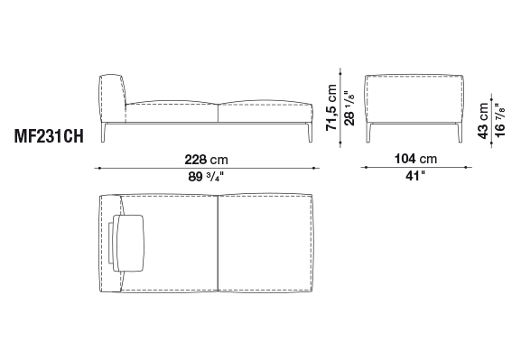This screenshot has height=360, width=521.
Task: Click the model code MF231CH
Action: (49, 136)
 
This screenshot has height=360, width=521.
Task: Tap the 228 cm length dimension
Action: (207, 160)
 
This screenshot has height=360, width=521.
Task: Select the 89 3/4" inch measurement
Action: (206, 177)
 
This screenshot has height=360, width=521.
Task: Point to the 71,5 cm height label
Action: (331, 107)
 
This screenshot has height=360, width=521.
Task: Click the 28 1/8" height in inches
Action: (349, 108)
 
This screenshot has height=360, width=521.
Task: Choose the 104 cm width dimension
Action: (415, 159)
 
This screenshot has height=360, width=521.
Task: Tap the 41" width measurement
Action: (415, 176)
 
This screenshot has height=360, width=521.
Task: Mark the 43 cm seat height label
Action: (483, 121)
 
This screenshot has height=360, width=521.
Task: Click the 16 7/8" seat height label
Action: (499, 120)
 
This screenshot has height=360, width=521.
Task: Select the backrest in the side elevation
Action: (112, 98)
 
